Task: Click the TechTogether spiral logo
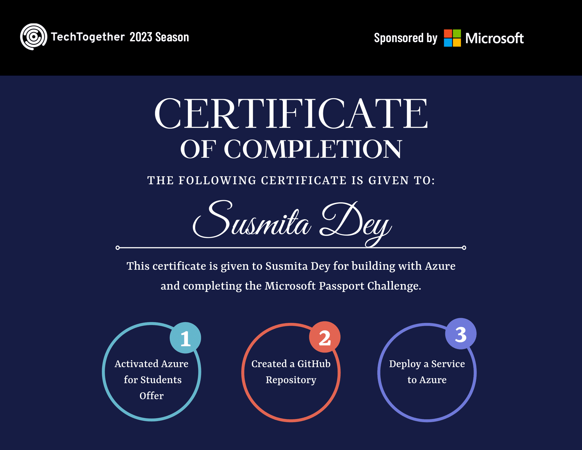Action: (x=34, y=37)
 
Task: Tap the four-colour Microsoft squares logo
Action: (x=452, y=38)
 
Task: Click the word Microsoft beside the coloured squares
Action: (x=494, y=38)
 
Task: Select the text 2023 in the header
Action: (x=141, y=37)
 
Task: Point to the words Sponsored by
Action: (x=406, y=38)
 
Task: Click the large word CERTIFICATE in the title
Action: (x=291, y=114)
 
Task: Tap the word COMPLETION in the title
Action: (x=313, y=149)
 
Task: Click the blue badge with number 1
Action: (x=185, y=338)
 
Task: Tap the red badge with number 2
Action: (x=325, y=337)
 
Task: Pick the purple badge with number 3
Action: (x=461, y=334)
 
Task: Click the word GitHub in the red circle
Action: (x=314, y=364)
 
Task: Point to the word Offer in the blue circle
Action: (x=152, y=396)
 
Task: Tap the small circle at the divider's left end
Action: (x=118, y=248)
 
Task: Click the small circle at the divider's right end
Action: (x=464, y=248)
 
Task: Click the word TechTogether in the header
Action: (x=88, y=37)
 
